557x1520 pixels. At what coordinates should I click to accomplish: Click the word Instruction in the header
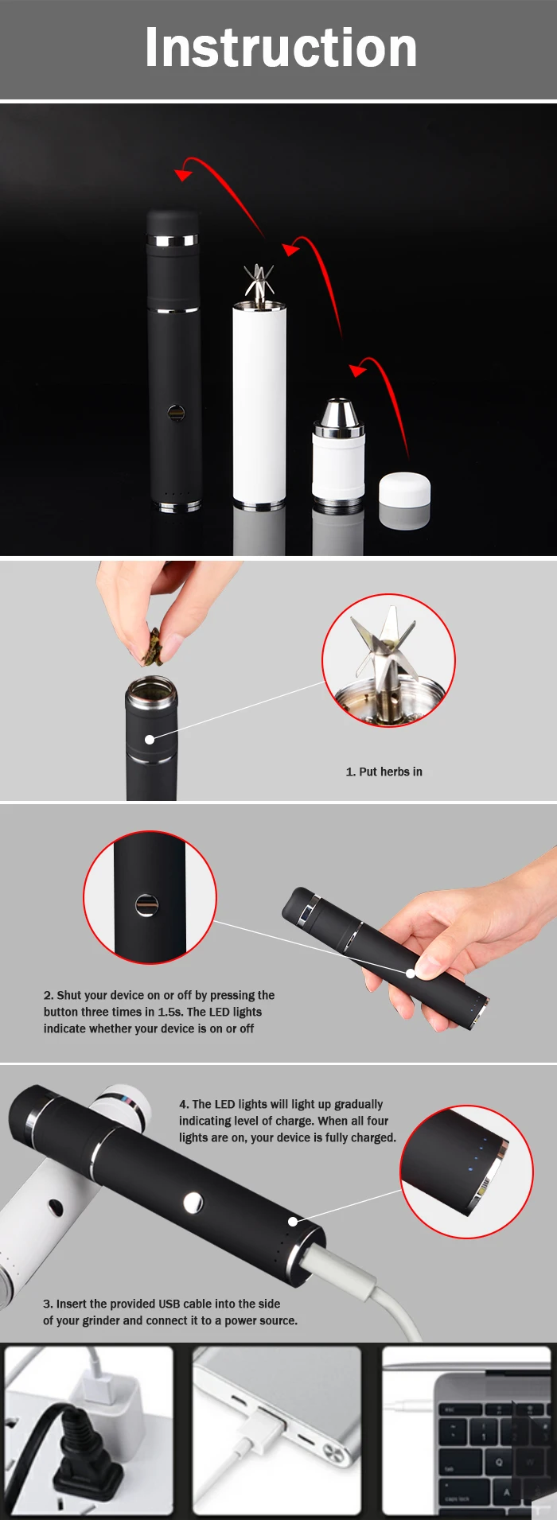coord(281,48)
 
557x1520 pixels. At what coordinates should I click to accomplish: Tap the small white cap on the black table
coord(404,491)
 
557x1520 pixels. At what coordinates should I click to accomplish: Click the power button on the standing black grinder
coord(176,413)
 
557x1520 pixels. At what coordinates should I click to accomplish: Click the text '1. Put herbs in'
coord(384,772)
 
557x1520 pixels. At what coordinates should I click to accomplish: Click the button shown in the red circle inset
coord(146,905)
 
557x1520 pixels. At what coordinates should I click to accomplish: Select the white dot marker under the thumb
coord(411,973)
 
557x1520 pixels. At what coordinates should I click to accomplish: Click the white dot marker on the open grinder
coord(150,740)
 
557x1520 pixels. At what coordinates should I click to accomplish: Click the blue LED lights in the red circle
coord(478,1154)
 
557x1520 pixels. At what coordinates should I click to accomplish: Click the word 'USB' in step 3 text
coord(169,1304)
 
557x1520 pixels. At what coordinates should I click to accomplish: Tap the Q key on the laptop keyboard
coord(499,1461)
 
